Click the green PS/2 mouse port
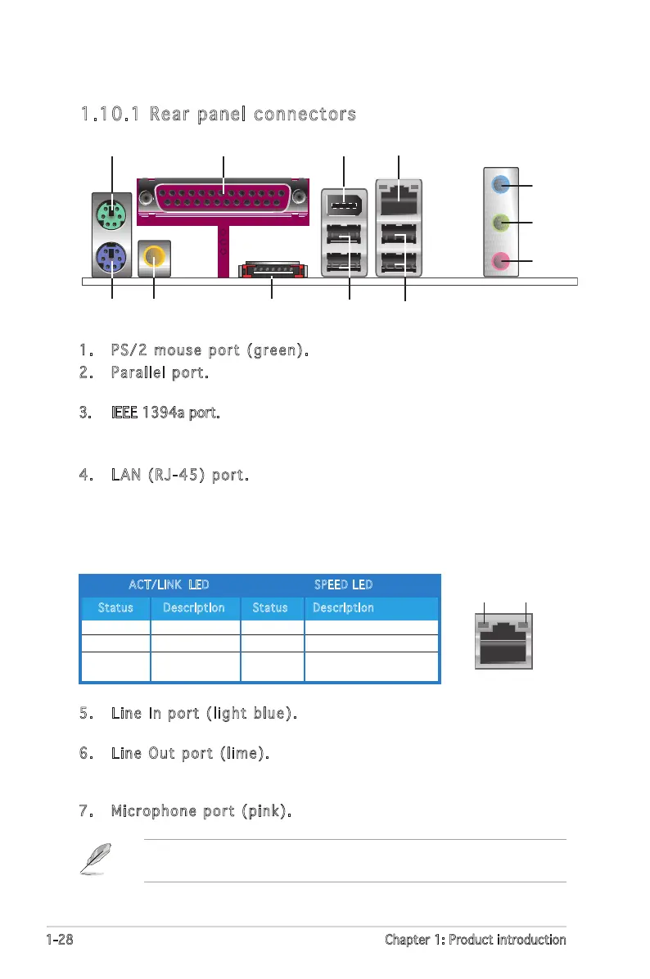coord(111,214)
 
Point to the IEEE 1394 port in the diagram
coord(344,201)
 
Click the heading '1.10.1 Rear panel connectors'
coord(218,115)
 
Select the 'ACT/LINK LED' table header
coord(169,584)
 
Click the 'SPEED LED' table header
coord(344,584)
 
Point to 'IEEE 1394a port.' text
coord(165,414)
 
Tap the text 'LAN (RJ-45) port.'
coord(178,476)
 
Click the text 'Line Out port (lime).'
coord(190,752)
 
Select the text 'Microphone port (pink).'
coord(201,811)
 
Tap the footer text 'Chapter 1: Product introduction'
coord(475,940)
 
